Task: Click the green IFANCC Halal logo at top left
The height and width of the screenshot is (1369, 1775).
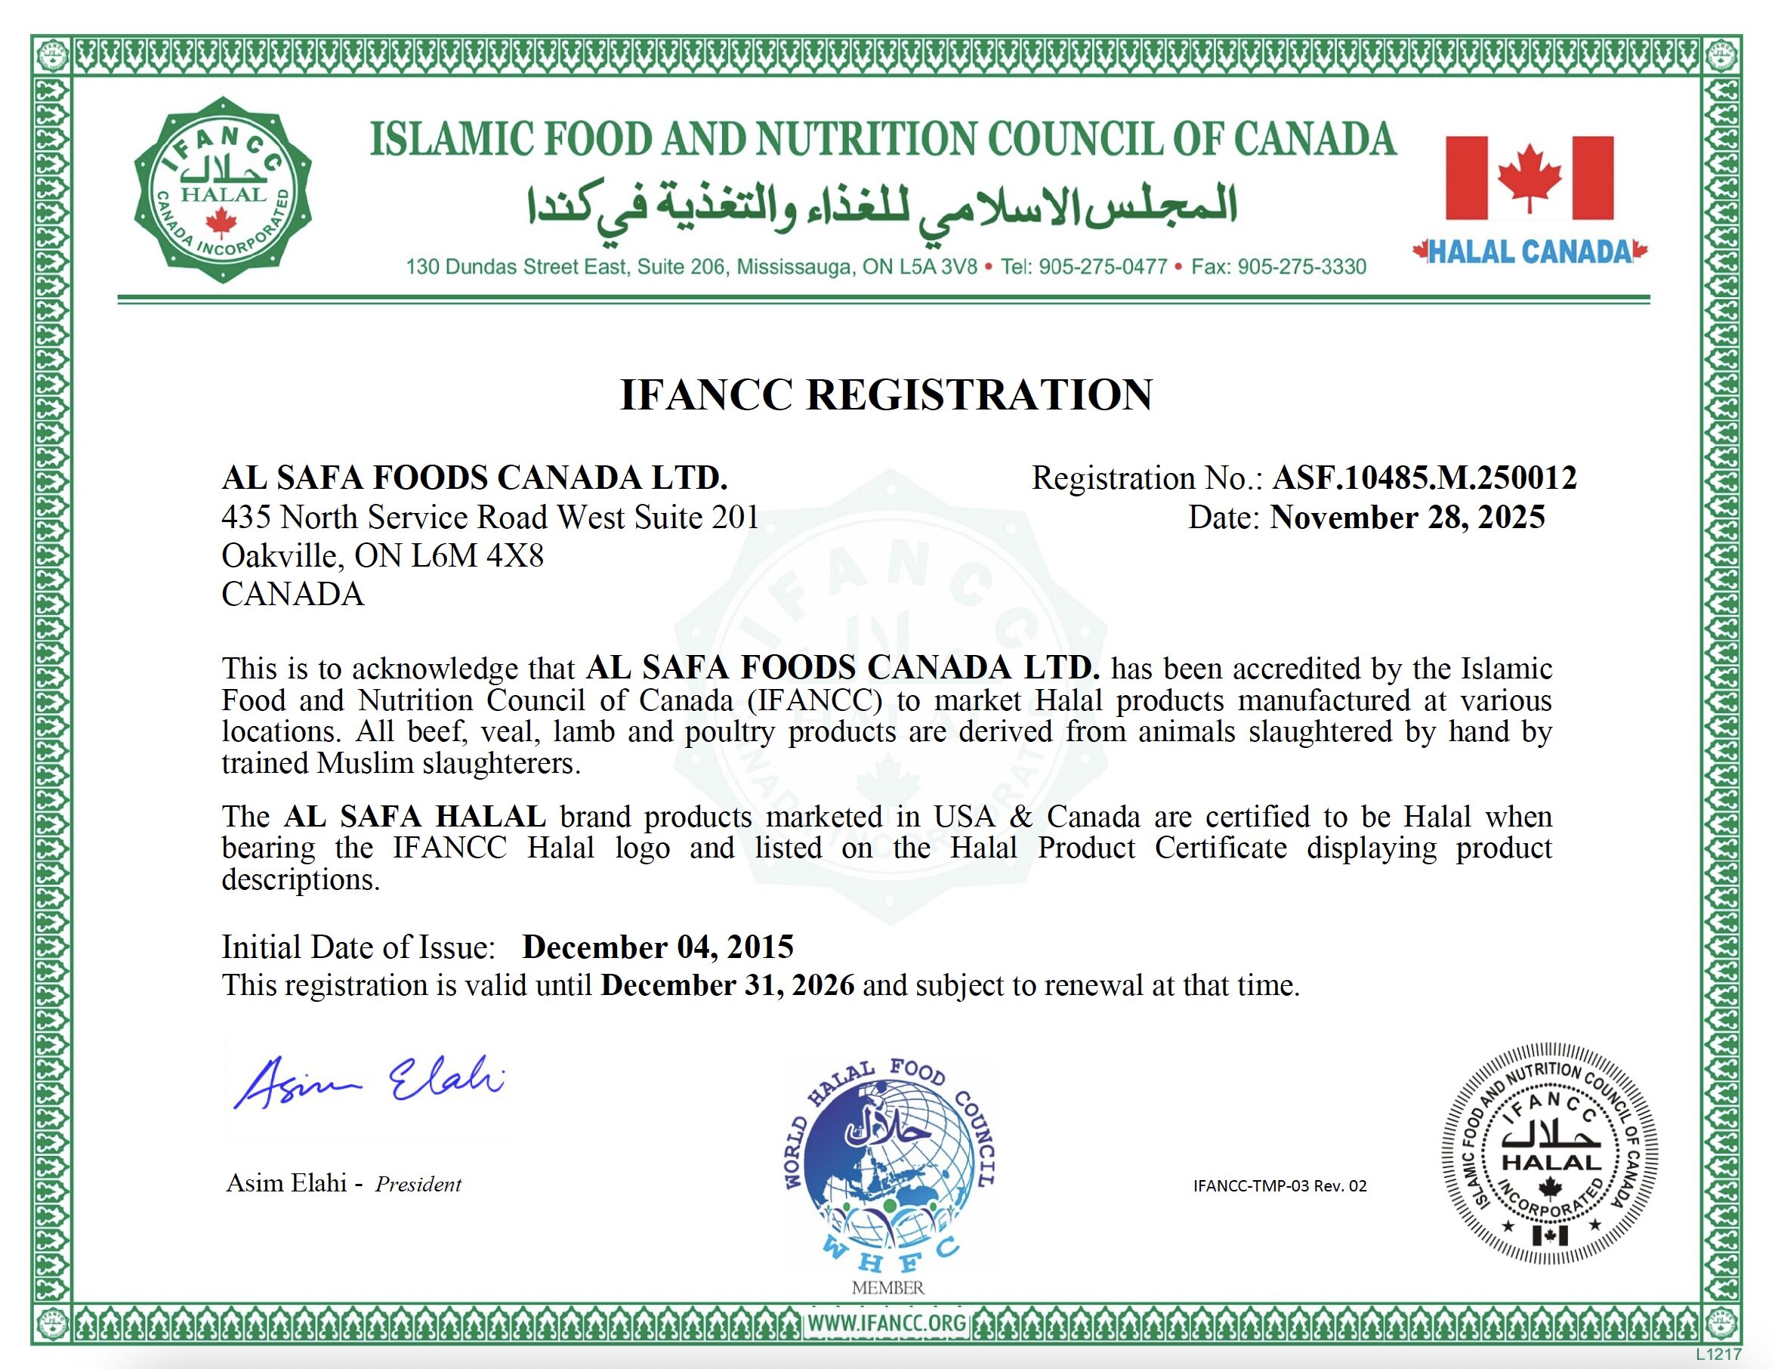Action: tap(222, 189)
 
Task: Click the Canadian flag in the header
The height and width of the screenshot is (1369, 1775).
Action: tap(1529, 178)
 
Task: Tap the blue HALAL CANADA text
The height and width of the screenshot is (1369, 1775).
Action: tap(1530, 252)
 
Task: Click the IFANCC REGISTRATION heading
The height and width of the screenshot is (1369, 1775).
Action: tap(886, 395)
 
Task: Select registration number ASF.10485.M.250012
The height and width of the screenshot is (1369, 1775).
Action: tap(1424, 478)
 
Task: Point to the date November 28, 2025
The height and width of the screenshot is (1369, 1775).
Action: tap(1407, 518)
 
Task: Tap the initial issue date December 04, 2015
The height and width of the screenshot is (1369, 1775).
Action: tap(657, 947)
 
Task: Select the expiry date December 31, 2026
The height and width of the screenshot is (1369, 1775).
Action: tap(727, 985)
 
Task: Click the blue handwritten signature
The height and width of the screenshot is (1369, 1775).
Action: tap(371, 1082)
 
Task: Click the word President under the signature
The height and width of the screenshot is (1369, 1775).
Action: tap(418, 1185)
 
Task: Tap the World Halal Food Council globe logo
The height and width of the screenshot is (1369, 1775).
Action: tap(887, 1163)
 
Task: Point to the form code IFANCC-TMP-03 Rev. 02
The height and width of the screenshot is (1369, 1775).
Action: tap(1280, 1185)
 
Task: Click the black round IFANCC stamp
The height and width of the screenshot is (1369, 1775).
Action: tap(1549, 1153)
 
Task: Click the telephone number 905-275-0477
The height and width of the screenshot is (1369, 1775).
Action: tap(1102, 267)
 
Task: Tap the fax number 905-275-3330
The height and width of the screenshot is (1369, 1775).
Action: tap(1301, 267)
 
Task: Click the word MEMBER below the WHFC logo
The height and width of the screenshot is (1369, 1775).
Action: tap(887, 1287)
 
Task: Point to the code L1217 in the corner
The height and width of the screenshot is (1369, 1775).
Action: tap(1718, 1355)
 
